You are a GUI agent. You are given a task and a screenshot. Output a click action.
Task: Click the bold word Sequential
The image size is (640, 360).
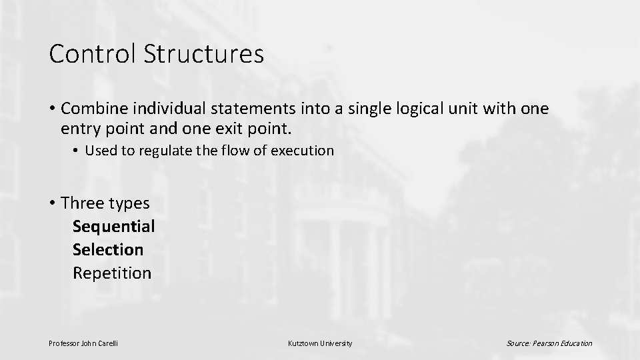pyautogui.click(x=113, y=226)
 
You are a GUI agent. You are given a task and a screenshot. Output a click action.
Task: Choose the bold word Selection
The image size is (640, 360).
pyautogui.click(x=107, y=249)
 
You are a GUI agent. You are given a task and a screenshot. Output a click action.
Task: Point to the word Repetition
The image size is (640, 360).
pyautogui.click(x=112, y=273)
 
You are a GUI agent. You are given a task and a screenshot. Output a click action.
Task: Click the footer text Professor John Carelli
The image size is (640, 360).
pyautogui.click(x=83, y=343)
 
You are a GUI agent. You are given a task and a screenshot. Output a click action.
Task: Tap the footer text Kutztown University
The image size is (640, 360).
pyautogui.click(x=320, y=343)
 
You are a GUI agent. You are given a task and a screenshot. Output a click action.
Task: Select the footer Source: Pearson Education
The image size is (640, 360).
pyautogui.click(x=549, y=343)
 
